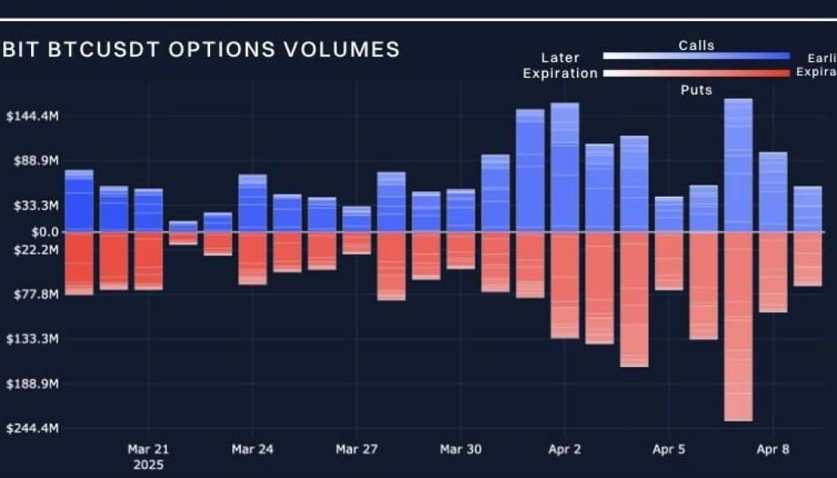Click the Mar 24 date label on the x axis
tap(252, 449)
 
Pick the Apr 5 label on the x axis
tap(669, 449)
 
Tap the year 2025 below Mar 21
tap(148, 465)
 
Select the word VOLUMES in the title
tap(343, 49)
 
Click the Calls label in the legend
tap(696, 46)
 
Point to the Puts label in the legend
tap(696, 90)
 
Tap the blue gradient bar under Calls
tap(696, 56)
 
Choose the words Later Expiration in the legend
tap(561, 65)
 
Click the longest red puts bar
tap(738, 327)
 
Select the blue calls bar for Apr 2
tap(565, 168)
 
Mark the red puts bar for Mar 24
tap(253, 258)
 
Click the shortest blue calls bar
tap(183, 226)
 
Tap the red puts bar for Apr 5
tap(669, 261)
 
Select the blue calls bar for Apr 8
tap(772, 192)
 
